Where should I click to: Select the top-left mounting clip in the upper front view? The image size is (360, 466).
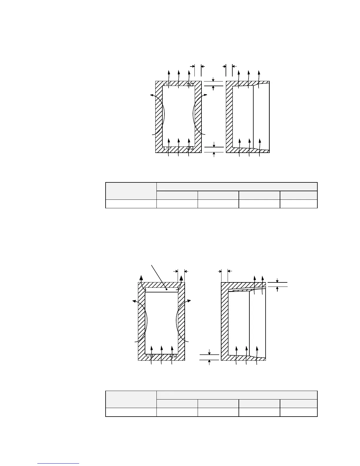[167, 85]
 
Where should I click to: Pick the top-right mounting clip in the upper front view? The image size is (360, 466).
[190, 85]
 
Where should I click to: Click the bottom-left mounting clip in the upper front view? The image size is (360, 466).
[167, 148]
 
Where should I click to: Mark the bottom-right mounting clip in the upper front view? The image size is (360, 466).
[190, 148]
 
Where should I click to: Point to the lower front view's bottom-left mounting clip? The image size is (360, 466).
[150, 356]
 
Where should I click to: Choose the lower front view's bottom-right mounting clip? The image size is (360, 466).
[173, 356]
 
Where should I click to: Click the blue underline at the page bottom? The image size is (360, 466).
[59, 464]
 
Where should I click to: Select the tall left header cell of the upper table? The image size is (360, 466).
[131, 191]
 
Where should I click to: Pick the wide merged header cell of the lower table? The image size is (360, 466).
[237, 395]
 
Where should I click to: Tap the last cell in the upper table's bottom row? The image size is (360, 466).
[299, 204]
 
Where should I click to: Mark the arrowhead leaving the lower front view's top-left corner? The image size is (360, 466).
[141, 278]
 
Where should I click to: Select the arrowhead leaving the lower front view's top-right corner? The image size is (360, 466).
[181, 278]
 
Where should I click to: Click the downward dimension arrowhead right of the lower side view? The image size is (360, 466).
[277, 281]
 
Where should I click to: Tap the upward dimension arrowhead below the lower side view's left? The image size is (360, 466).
[209, 361]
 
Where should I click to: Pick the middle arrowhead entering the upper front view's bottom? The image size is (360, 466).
[179, 139]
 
